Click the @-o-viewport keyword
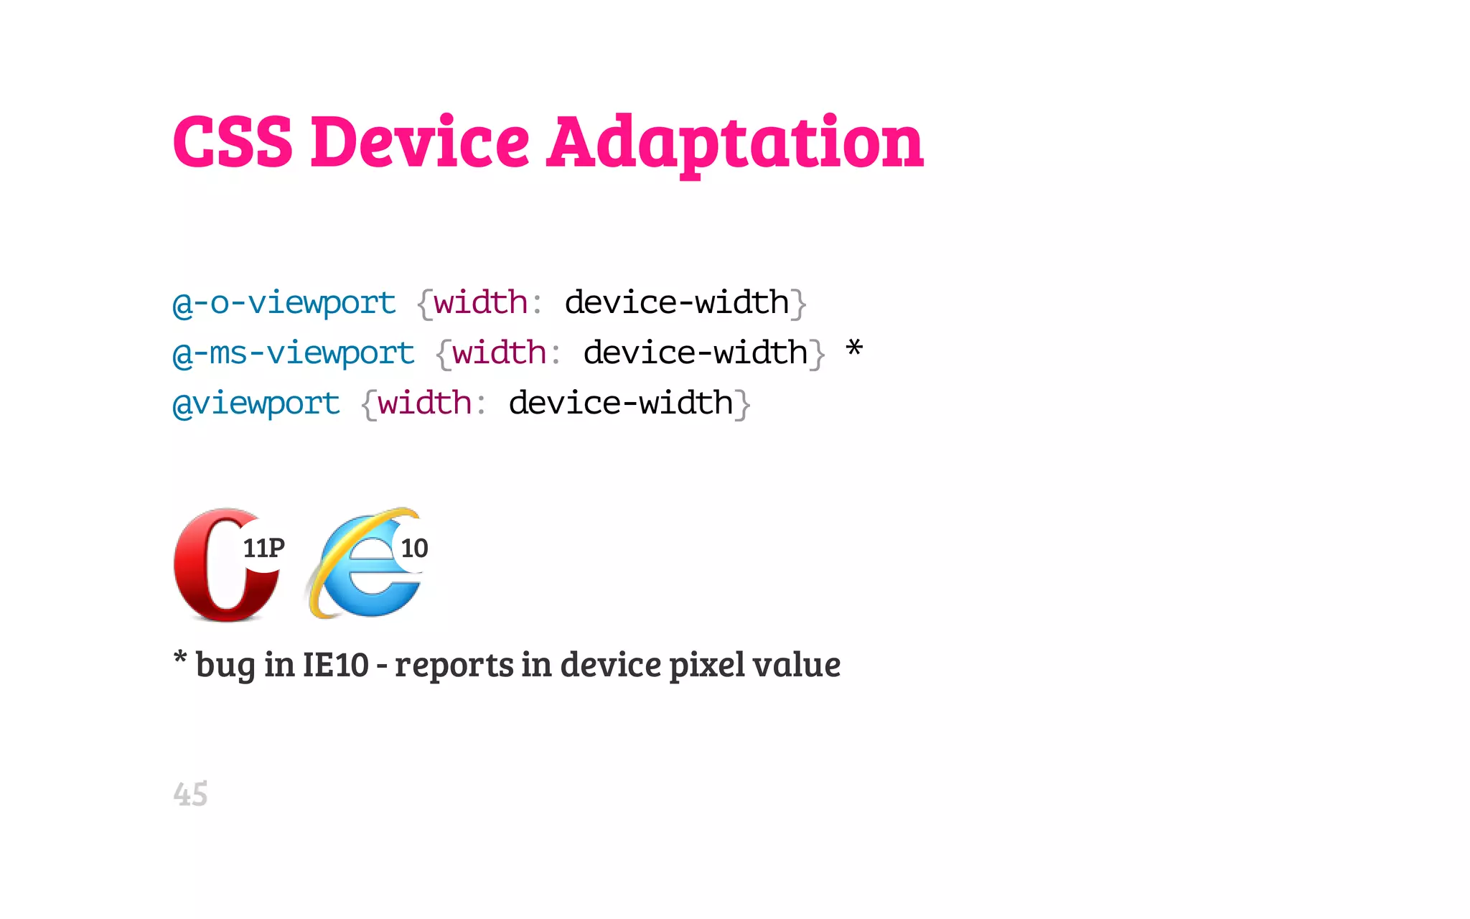(284, 303)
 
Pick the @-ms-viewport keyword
(294, 353)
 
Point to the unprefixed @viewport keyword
(256, 403)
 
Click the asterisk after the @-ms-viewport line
(853, 350)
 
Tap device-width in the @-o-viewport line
(677, 302)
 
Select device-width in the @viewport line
(621, 403)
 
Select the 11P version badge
(263, 549)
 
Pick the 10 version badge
(414, 549)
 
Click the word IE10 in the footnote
(335, 665)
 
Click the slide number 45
(190, 794)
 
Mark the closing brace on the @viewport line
(744, 404)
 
